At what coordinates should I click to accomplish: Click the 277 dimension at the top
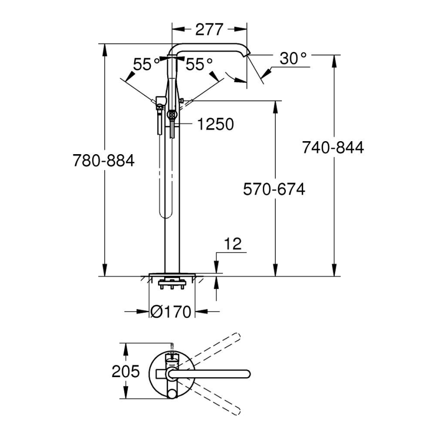coord(209,29)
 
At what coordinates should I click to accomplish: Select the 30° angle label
coord(293,58)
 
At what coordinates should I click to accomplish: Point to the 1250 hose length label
coord(215,124)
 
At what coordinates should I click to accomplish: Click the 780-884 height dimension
coord(103,161)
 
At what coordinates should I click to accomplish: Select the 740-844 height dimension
coord(333,147)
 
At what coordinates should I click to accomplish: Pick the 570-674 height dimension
coord(274,189)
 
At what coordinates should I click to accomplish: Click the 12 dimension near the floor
coord(232,244)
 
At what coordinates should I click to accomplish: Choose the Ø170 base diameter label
coord(171,312)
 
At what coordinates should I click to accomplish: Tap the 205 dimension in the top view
coord(126,372)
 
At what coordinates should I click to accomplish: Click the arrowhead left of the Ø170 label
coord(144,312)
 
